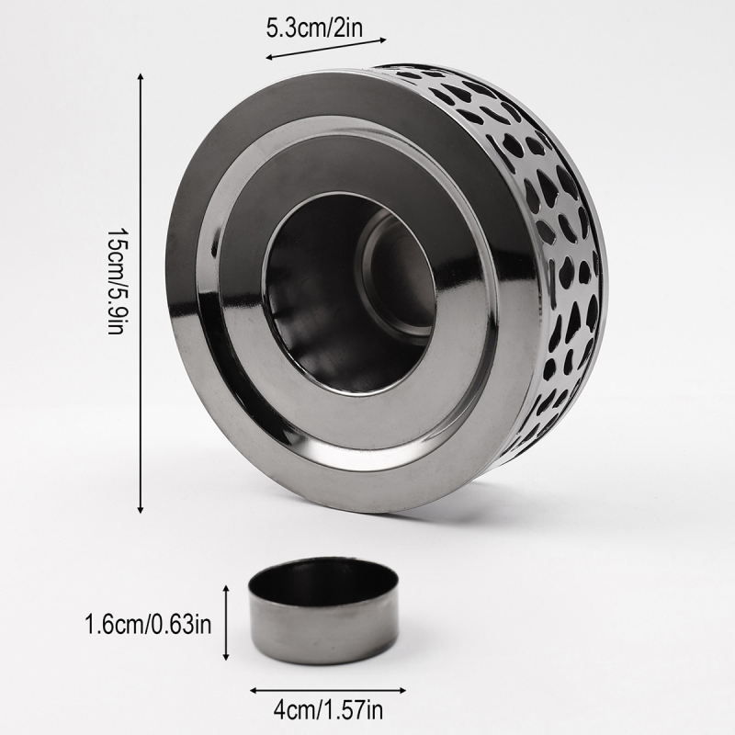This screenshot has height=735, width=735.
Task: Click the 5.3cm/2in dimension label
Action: pos(314,28)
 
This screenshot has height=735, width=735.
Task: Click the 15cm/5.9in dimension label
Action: pos(116,281)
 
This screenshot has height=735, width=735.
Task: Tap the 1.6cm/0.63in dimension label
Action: pos(148,625)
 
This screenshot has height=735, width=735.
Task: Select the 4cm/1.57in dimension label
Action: pos(328,709)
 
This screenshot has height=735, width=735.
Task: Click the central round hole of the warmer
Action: pos(349,293)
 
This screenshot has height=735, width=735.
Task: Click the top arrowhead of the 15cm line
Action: pos(140,77)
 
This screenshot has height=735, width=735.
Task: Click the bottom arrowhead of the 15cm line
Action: pos(141,509)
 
